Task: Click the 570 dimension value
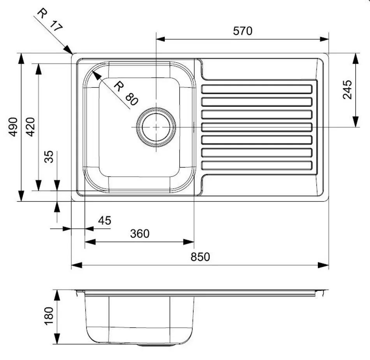(x=243, y=31)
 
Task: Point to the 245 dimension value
(x=347, y=90)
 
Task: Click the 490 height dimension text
(x=14, y=126)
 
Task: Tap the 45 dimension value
(x=104, y=221)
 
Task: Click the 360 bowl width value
(x=139, y=234)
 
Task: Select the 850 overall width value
(x=200, y=257)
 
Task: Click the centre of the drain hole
(x=156, y=127)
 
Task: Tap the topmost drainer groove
(x=257, y=90)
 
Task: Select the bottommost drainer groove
(x=257, y=165)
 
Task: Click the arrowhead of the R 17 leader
(x=70, y=51)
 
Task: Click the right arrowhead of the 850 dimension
(x=326, y=265)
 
